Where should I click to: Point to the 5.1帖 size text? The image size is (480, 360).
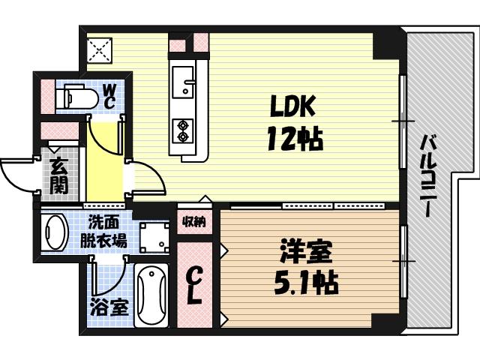(305, 282)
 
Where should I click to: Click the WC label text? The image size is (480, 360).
(109, 95)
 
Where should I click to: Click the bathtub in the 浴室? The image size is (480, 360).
(152, 295)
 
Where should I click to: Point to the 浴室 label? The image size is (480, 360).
(109, 306)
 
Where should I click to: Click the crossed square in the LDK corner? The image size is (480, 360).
(98, 51)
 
